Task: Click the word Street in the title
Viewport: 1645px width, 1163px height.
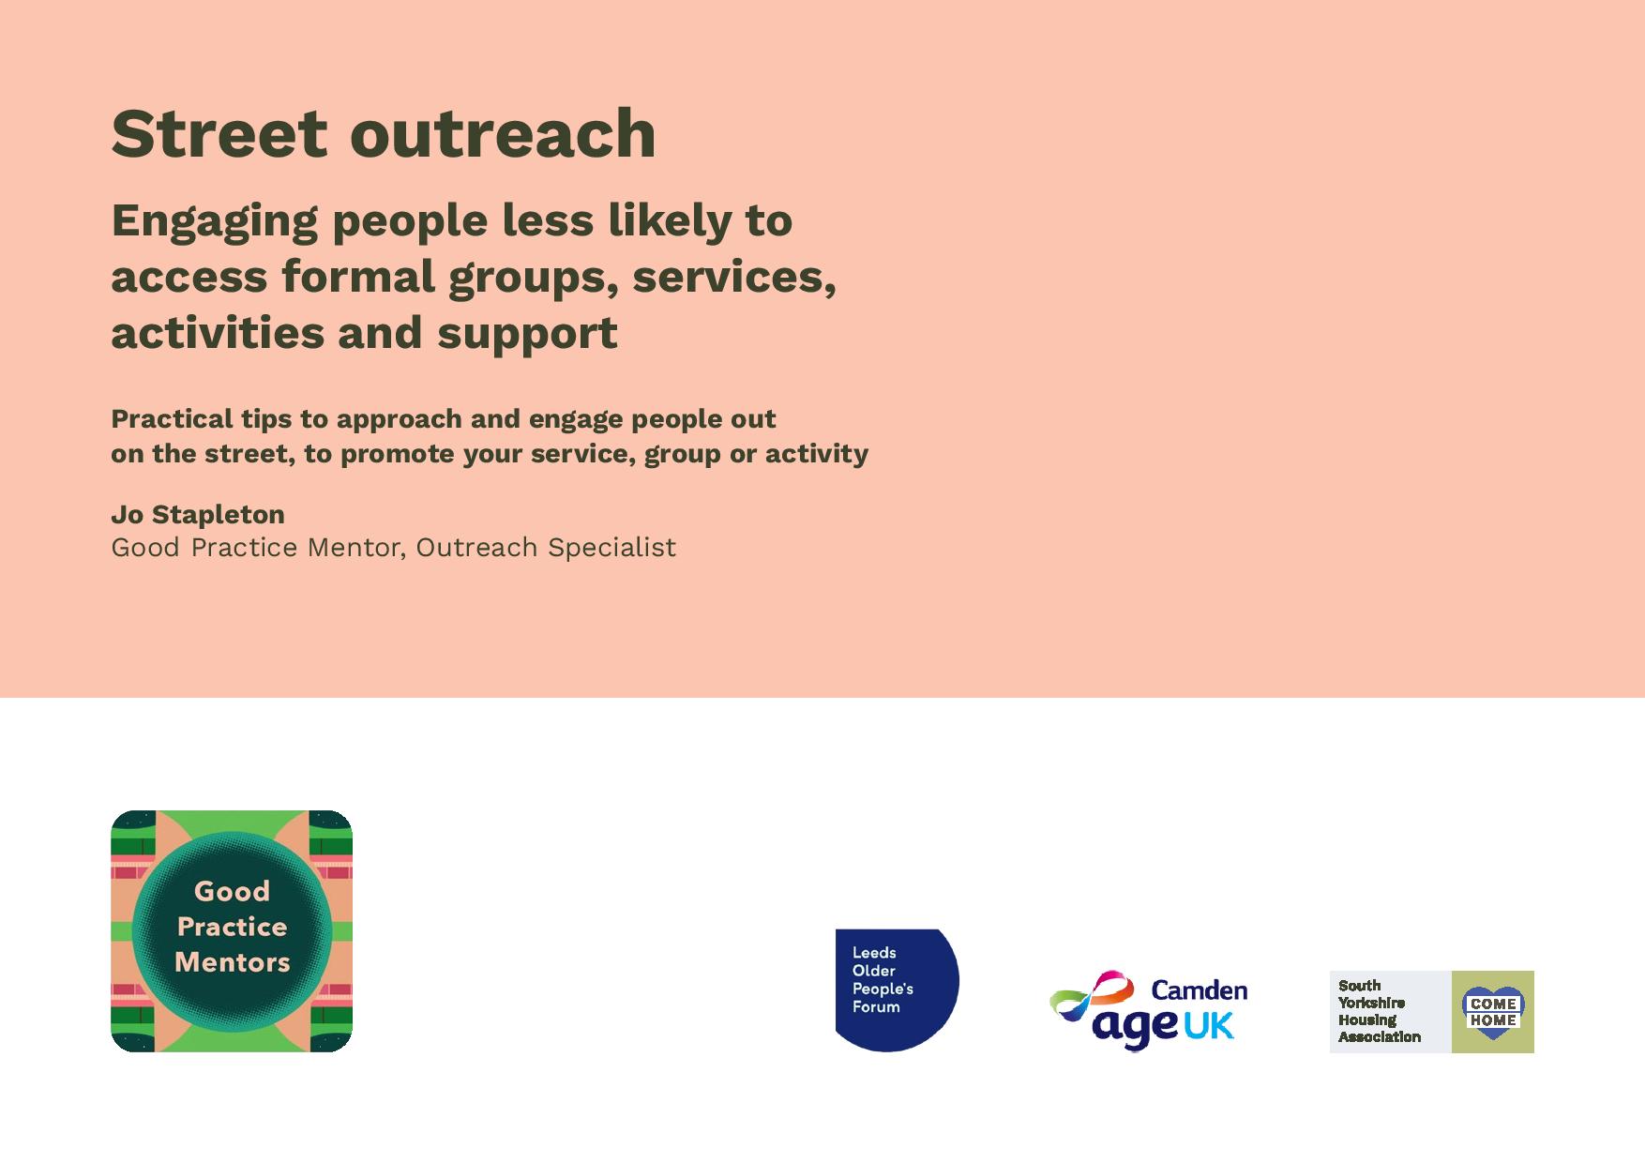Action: tap(219, 133)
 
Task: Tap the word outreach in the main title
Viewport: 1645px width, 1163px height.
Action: tap(503, 133)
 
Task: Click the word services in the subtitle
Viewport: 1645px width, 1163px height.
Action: tap(734, 277)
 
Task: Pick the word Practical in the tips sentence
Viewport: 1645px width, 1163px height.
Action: tap(172, 418)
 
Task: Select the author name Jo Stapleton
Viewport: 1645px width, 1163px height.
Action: tap(198, 515)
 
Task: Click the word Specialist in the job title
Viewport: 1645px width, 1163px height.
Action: tap(611, 548)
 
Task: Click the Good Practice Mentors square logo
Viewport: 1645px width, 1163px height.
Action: tap(232, 931)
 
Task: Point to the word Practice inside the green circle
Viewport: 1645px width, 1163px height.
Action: tap(232, 928)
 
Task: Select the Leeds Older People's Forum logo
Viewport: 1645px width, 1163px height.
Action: tap(898, 990)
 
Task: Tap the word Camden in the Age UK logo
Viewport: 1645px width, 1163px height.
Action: tap(1199, 990)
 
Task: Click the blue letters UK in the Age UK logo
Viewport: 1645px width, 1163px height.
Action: tap(1208, 1027)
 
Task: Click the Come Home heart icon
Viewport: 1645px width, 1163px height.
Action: tap(1493, 1012)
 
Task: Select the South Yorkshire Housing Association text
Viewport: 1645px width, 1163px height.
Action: tap(1379, 1011)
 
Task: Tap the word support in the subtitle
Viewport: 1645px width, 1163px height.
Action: tap(527, 334)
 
